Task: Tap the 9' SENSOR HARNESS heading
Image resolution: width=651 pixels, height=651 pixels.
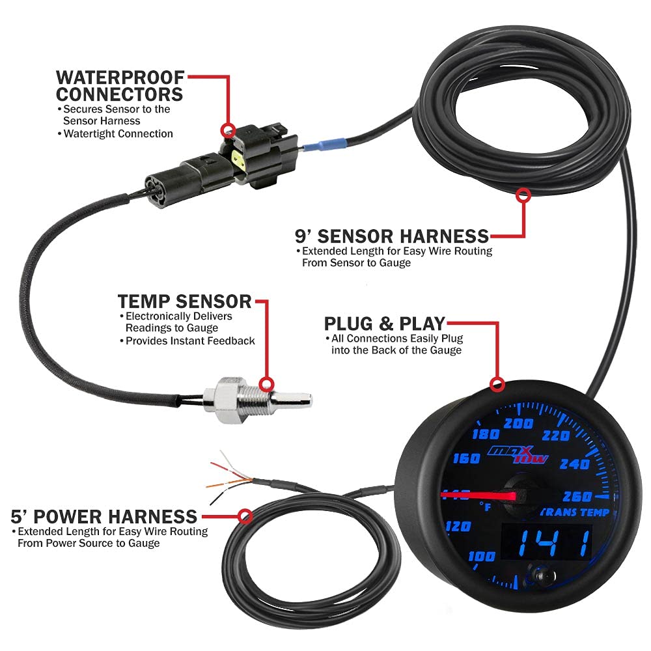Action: click(392, 235)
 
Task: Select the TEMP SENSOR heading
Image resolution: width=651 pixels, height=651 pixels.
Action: click(184, 301)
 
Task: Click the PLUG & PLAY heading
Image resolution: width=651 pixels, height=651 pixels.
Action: click(384, 324)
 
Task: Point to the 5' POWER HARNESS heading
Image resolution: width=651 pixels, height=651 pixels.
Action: click(104, 517)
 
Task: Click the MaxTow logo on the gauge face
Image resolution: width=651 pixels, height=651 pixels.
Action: click(519, 454)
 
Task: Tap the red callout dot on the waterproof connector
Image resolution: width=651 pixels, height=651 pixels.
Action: click(228, 129)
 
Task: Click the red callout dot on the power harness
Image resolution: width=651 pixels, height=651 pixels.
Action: click(245, 517)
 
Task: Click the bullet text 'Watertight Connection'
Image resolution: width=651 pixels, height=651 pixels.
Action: click(118, 133)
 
